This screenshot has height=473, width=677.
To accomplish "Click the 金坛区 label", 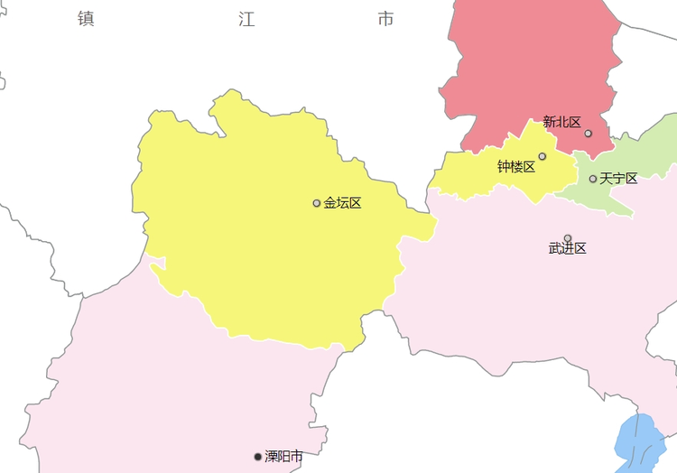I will click(342, 203).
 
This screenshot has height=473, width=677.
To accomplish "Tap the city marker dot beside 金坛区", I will click(317, 203).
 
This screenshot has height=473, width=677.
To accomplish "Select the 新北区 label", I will click(561, 122).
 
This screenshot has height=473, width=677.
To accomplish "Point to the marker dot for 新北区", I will click(589, 134).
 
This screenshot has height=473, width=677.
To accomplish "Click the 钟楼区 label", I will click(515, 167).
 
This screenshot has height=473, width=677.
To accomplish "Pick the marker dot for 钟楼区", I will click(543, 156).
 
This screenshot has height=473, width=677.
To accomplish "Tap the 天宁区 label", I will click(618, 179).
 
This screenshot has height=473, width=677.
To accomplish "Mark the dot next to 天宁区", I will click(593, 179).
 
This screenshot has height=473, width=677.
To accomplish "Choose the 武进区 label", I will click(567, 248).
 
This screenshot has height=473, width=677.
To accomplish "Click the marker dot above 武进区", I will click(568, 238).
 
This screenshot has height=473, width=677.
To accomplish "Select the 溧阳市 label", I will click(283, 457).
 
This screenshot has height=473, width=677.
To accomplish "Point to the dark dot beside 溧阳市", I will click(258, 457).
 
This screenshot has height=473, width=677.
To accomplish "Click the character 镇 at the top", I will click(86, 19).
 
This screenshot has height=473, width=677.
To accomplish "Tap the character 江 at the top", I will click(246, 19).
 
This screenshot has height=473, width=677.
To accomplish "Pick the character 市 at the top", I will click(386, 19).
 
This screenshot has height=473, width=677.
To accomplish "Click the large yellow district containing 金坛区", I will click(262, 235).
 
